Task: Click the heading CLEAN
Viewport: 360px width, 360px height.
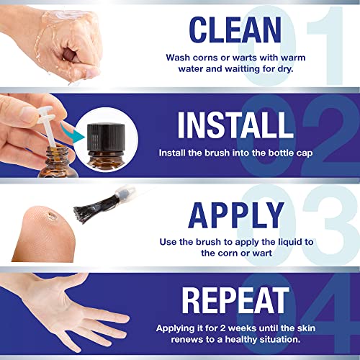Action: click(235, 30)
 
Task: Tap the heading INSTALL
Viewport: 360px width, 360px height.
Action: click(235, 125)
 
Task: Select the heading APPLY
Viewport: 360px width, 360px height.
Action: click(236, 215)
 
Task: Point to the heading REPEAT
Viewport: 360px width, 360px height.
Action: click(235, 300)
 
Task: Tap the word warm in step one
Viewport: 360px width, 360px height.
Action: click(293, 58)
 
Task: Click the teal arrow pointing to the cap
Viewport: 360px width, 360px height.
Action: click(73, 133)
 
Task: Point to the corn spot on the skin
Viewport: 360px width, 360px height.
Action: click(52, 216)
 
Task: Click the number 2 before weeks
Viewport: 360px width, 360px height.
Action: click(222, 328)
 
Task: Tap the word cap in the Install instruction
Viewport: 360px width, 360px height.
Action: click(305, 153)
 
